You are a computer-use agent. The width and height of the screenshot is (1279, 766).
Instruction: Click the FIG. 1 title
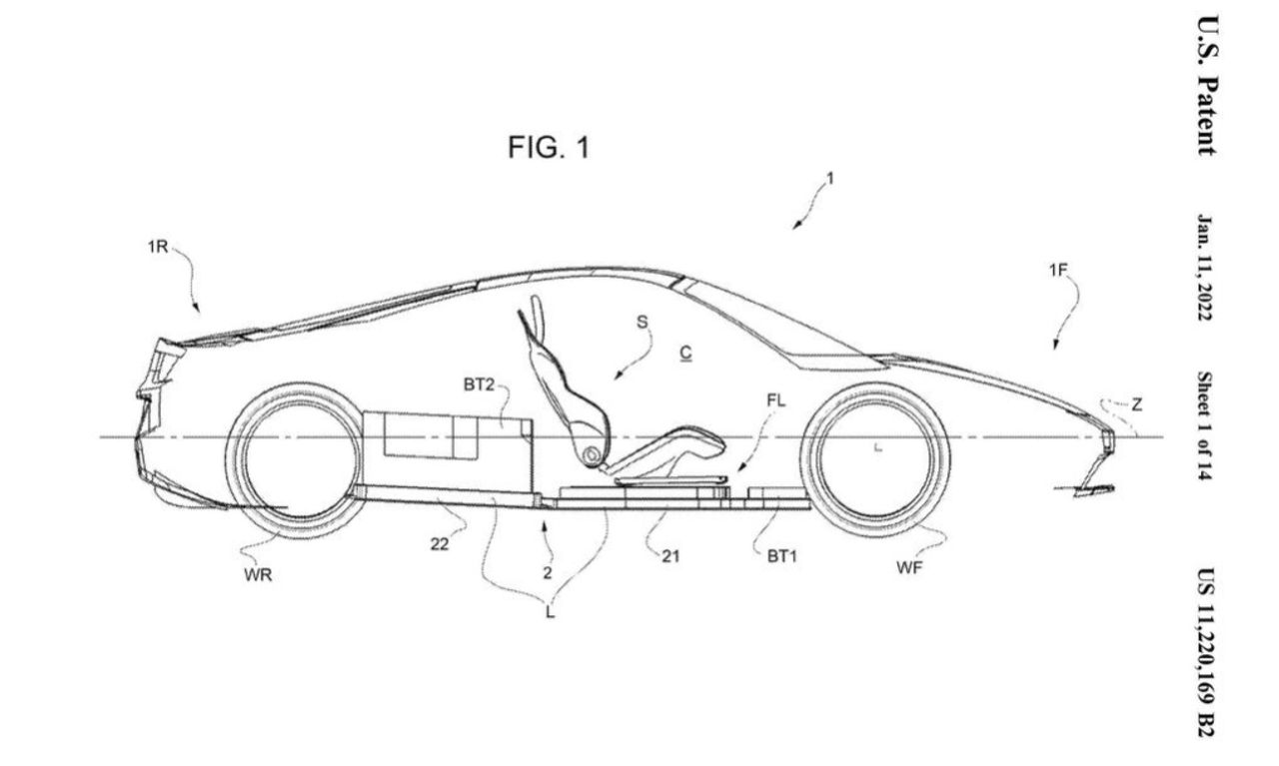548,149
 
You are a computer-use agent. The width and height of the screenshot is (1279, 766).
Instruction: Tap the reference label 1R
158,247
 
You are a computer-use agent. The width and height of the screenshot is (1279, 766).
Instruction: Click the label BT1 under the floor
781,556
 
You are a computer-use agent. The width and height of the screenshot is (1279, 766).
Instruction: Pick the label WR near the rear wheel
258,577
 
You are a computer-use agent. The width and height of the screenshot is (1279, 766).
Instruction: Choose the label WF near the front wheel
908,568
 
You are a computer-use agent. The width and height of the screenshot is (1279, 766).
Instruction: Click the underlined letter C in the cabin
685,353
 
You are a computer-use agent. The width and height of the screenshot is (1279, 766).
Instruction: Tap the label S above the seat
641,321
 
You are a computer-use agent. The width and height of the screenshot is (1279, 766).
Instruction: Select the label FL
776,400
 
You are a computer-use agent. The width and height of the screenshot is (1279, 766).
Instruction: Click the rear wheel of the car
295,460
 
